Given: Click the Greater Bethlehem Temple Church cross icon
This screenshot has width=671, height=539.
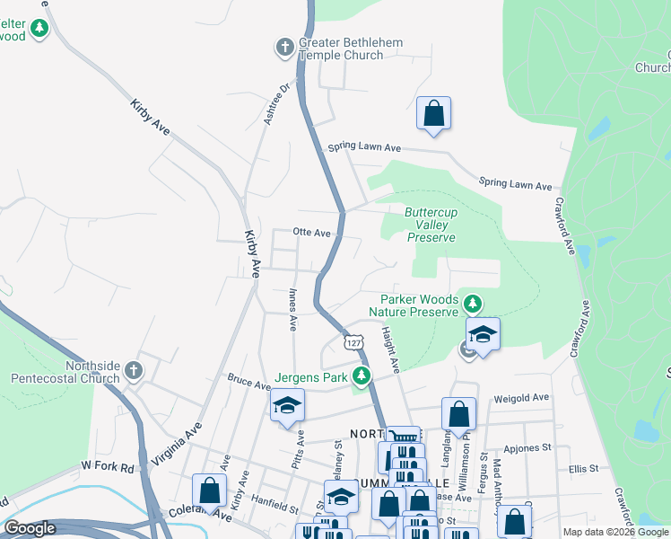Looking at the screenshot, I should pyautogui.click(x=285, y=47).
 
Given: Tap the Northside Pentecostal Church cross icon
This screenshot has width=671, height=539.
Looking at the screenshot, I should pyautogui.click(x=133, y=370).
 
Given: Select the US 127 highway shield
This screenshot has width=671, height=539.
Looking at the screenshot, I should pyautogui.click(x=353, y=343).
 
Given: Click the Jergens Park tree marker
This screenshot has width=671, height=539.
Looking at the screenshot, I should pyautogui.click(x=362, y=376).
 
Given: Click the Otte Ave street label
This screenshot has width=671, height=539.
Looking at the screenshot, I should pyautogui.click(x=311, y=232).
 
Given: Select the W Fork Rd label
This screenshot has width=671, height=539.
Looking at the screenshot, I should pyautogui.click(x=107, y=466).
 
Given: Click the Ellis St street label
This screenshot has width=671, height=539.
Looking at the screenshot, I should pyautogui.click(x=583, y=469).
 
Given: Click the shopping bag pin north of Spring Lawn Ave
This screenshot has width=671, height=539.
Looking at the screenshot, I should pyautogui.click(x=433, y=114).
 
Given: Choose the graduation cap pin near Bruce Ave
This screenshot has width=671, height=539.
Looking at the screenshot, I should pyautogui.click(x=288, y=406).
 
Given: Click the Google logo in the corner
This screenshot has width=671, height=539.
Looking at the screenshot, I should pyautogui.click(x=30, y=528).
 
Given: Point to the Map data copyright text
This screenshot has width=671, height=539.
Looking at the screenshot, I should pyautogui.click(x=615, y=532).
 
